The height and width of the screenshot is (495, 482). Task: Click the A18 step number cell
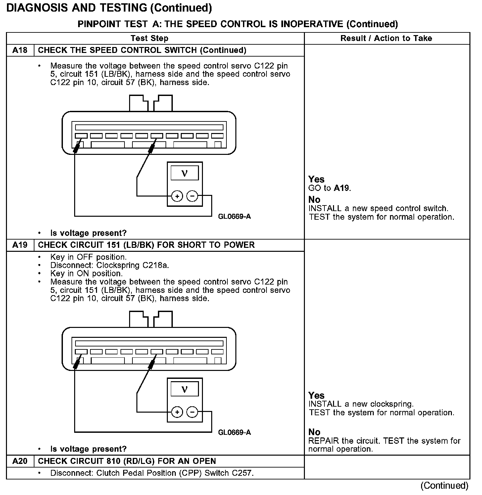[20, 50]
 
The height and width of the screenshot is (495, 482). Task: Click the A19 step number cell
[20, 245]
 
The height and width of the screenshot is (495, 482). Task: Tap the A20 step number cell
[20, 461]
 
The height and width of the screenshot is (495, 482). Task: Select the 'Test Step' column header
[149, 38]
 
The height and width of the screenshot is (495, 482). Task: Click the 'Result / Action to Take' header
[386, 38]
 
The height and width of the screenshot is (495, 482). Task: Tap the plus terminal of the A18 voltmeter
[177, 196]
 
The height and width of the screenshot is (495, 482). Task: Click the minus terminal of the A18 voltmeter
[192, 196]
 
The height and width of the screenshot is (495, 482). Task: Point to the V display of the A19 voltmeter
[184, 389]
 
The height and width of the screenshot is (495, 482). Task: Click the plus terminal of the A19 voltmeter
[177, 412]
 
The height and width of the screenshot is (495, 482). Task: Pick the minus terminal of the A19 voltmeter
[192, 412]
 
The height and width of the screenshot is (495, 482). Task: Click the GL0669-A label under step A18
[234, 217]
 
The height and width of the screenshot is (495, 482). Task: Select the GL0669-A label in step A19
[234, 432]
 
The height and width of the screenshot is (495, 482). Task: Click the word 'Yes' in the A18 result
[316, 179]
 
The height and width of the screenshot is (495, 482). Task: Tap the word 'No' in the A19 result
[314, 432]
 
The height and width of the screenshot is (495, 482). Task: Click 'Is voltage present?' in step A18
[88, 233]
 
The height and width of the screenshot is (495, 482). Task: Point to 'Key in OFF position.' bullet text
[88, 257]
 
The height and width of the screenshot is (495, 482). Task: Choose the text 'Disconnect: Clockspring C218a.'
[110, 265]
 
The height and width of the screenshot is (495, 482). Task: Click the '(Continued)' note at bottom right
[444, 486]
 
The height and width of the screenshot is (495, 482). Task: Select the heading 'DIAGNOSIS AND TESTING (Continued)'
[109, 8]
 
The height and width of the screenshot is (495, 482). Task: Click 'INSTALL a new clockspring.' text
[361, 404]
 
